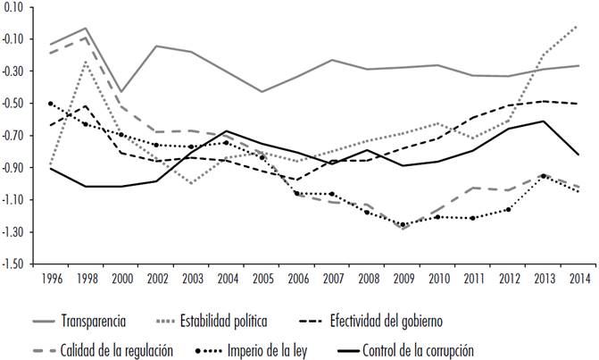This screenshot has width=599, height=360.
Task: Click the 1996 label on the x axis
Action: pos(52,277)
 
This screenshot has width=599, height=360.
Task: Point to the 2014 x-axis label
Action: pos(578,277)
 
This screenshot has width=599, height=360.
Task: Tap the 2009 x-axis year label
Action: pos(403,277)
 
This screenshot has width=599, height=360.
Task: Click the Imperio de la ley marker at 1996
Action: pos(51,104)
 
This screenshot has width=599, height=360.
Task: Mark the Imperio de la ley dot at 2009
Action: pos(403,225)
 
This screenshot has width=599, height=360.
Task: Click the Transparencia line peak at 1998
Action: pos(86,29)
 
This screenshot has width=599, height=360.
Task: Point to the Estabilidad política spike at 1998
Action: pos(86,61)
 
